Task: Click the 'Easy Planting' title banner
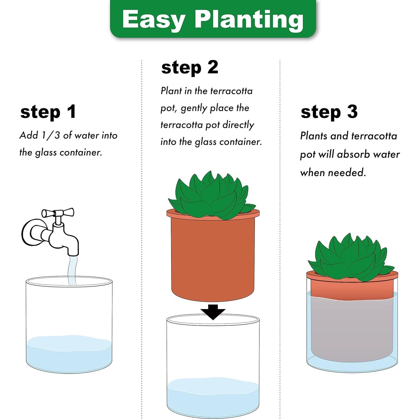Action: pos(213,19)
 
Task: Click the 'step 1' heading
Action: pos(48,112)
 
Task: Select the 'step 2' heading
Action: pos(190,68)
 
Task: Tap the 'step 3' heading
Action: pos(329,112)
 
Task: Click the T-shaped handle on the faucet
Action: pos(58,213)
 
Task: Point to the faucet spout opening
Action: pos(74,253)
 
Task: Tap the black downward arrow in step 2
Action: pos(213,311)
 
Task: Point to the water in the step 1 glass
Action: pos(69,354)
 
